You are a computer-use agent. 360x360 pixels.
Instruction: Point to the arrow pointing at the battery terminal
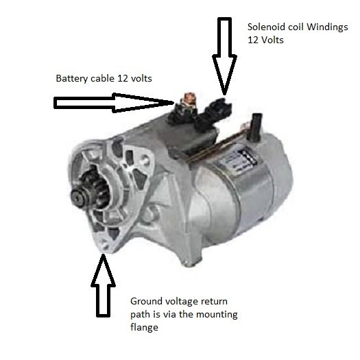114,103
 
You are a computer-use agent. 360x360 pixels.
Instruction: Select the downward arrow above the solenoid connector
224,56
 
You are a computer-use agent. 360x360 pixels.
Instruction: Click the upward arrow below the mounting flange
103,285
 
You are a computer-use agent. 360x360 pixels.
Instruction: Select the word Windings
327,27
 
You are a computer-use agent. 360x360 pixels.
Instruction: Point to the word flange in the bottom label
144,327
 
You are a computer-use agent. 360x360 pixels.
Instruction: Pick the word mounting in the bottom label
217,315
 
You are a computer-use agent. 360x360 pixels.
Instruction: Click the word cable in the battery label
103,79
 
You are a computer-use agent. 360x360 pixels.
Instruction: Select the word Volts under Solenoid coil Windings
272,40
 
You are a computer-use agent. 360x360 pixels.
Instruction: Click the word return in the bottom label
214,302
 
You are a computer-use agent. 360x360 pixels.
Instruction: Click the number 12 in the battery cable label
122,79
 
